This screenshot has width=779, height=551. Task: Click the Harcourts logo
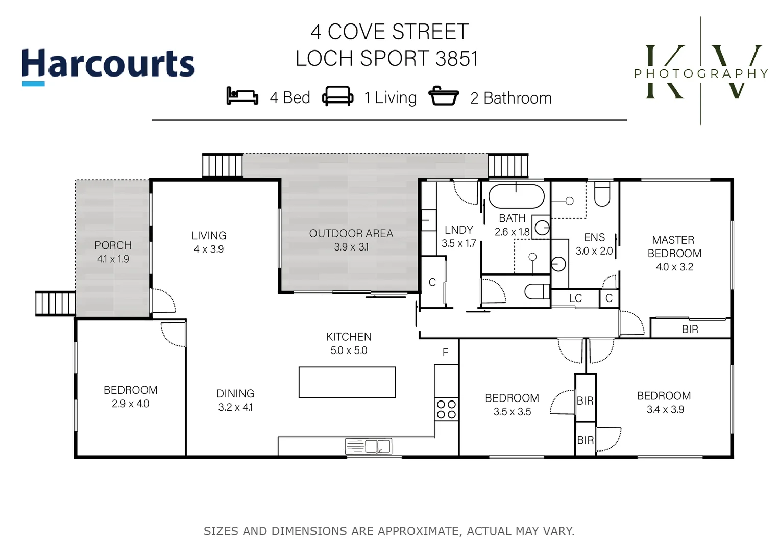tap(108, 65)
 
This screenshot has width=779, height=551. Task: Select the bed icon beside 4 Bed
tap(242, 96)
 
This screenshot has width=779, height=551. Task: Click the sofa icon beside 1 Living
tap(337, 96)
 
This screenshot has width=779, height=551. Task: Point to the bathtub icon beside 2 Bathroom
tap(443, 96)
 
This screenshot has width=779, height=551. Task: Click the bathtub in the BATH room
tap(516, 196)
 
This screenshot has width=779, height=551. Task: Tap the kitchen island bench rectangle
tap(347, 382)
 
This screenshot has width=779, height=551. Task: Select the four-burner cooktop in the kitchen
tap(446, 410)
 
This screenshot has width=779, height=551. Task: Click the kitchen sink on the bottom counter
tap(368, 446)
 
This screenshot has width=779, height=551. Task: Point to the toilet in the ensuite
tap(602, 194)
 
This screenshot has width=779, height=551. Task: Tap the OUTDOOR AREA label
tap(351, 234)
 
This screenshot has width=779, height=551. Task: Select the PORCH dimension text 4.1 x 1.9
tap(113, 259)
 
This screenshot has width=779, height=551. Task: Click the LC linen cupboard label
tap(575, 298)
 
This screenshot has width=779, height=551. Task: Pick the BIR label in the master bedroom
tap(690, 330)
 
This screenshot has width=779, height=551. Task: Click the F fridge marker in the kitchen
tap(445, 353)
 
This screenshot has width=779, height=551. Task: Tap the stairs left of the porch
tap(55, 304)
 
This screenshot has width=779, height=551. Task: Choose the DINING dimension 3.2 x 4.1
tap(235, 408)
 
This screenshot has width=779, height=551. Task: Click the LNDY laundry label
tap(458, 230)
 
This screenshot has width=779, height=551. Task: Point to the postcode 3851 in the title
tap(457, 59)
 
